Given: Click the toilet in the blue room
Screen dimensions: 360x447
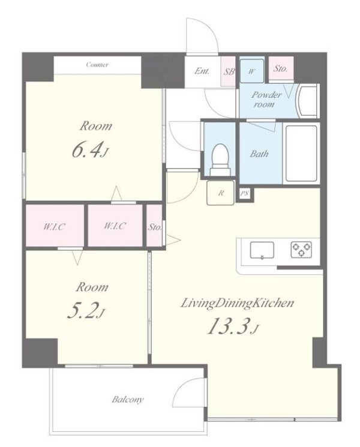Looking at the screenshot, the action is pos(220,160).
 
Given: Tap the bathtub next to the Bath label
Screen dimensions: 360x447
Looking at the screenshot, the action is pos(301,153).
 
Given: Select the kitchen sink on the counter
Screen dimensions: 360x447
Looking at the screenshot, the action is pos(262,250).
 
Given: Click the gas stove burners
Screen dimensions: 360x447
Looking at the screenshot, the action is pos(302,249).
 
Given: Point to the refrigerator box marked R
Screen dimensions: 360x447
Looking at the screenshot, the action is pos(220,193).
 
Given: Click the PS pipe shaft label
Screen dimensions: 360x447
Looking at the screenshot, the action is pos(244,194).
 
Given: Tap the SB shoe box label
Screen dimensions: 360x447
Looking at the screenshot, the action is pos(229,71).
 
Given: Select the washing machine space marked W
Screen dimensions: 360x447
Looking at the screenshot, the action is pos(251,71).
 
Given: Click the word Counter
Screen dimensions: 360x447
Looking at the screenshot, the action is pos(97,65).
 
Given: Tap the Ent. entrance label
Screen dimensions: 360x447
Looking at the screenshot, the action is pos(202,70).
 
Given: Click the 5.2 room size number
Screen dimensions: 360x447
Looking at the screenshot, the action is pos(83,310).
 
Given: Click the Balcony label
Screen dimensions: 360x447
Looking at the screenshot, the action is pos(127,400).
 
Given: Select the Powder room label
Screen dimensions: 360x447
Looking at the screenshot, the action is pos(266,99).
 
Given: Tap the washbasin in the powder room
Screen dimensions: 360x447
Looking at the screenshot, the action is pos(307,101).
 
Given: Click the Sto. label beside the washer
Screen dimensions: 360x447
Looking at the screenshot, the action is pos(280,68).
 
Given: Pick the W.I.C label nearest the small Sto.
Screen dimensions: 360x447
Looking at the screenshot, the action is pos(115,226).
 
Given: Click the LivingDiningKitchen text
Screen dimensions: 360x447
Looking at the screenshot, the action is pos(237,303).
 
